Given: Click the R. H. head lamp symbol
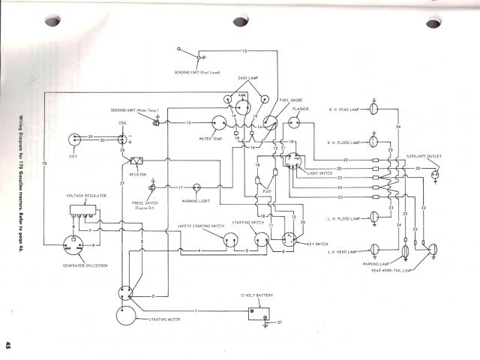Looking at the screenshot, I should pyautogui.click(x=375, y=109).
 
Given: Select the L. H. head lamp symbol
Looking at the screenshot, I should pyautogui.click(x=375, y=250).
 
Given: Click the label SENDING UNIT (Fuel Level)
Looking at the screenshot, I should pyautogui.click(x=197, y=71).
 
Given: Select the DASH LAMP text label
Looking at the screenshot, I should pyautogui.click(x=248, y=77).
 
